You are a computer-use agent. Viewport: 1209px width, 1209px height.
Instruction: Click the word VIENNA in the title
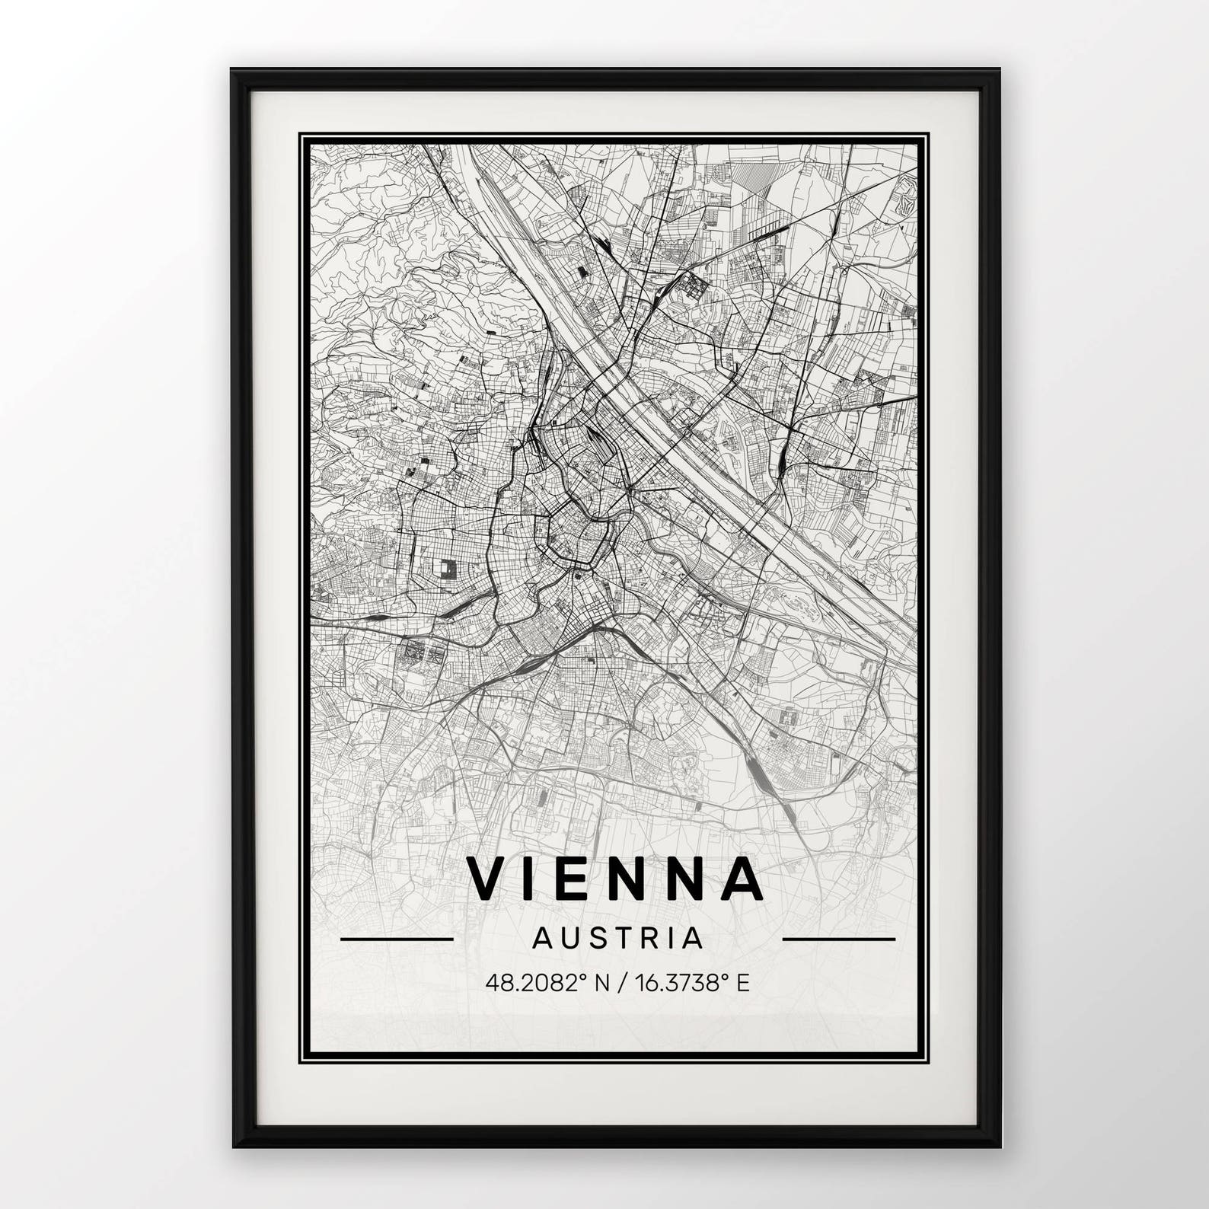point(615,878)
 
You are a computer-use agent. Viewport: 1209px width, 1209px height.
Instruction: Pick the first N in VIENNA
point(631,878)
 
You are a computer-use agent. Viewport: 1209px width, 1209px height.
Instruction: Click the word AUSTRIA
point(617,938)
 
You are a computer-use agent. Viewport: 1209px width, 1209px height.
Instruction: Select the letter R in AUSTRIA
point(655,938)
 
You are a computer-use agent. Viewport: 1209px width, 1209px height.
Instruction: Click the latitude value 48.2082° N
point(546,984)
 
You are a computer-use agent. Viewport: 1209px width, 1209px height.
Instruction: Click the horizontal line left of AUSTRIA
point(397,939)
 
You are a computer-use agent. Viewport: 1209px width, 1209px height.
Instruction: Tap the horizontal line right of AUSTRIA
point(839,939)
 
